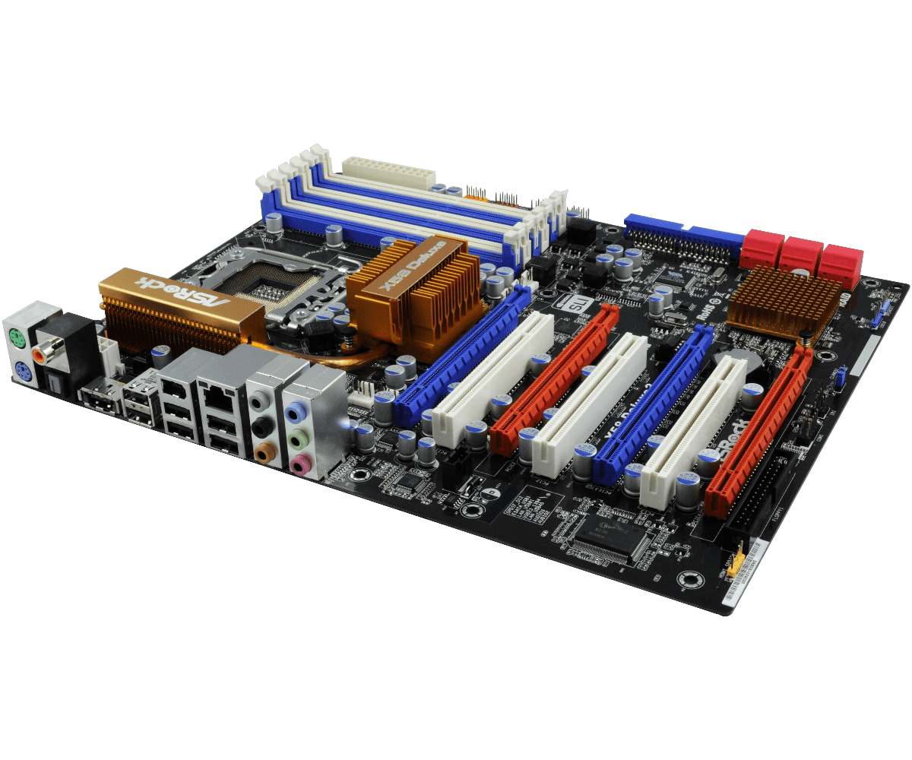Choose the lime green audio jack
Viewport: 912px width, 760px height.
(x=299, y=439)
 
